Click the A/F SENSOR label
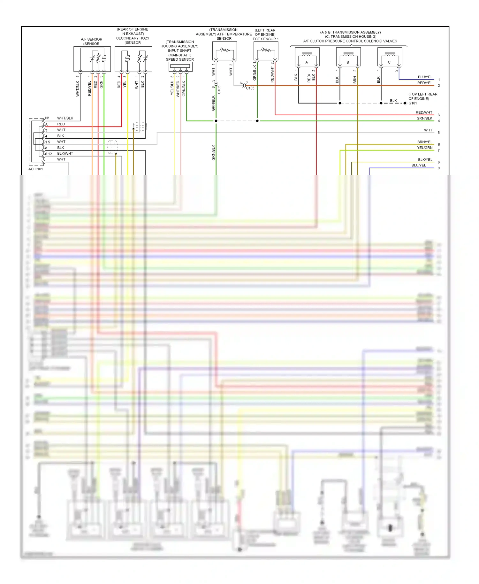coord(91,39)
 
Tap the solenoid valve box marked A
coord(307,57)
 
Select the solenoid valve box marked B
coord(348,57)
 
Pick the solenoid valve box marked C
coord(389,57)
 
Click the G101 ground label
coord(413,103)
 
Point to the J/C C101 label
coord(35,169)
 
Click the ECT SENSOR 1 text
coord(265,39)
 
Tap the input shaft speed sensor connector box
coord(180,66)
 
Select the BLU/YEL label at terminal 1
coord(425,77)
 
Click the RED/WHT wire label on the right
coord(424,112)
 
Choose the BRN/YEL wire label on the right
coord(424,142)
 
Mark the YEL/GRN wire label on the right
coord(424,148)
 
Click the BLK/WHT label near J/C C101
coord(65,153)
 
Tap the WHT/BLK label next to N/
coord(65,118)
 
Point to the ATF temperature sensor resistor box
coord(224,50)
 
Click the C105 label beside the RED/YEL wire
coord(250,88)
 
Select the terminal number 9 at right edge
coord(439,168)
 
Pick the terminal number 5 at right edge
coord(439,133)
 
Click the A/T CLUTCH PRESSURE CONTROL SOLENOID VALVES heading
coord(350,41)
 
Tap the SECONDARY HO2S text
coord(133,38)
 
